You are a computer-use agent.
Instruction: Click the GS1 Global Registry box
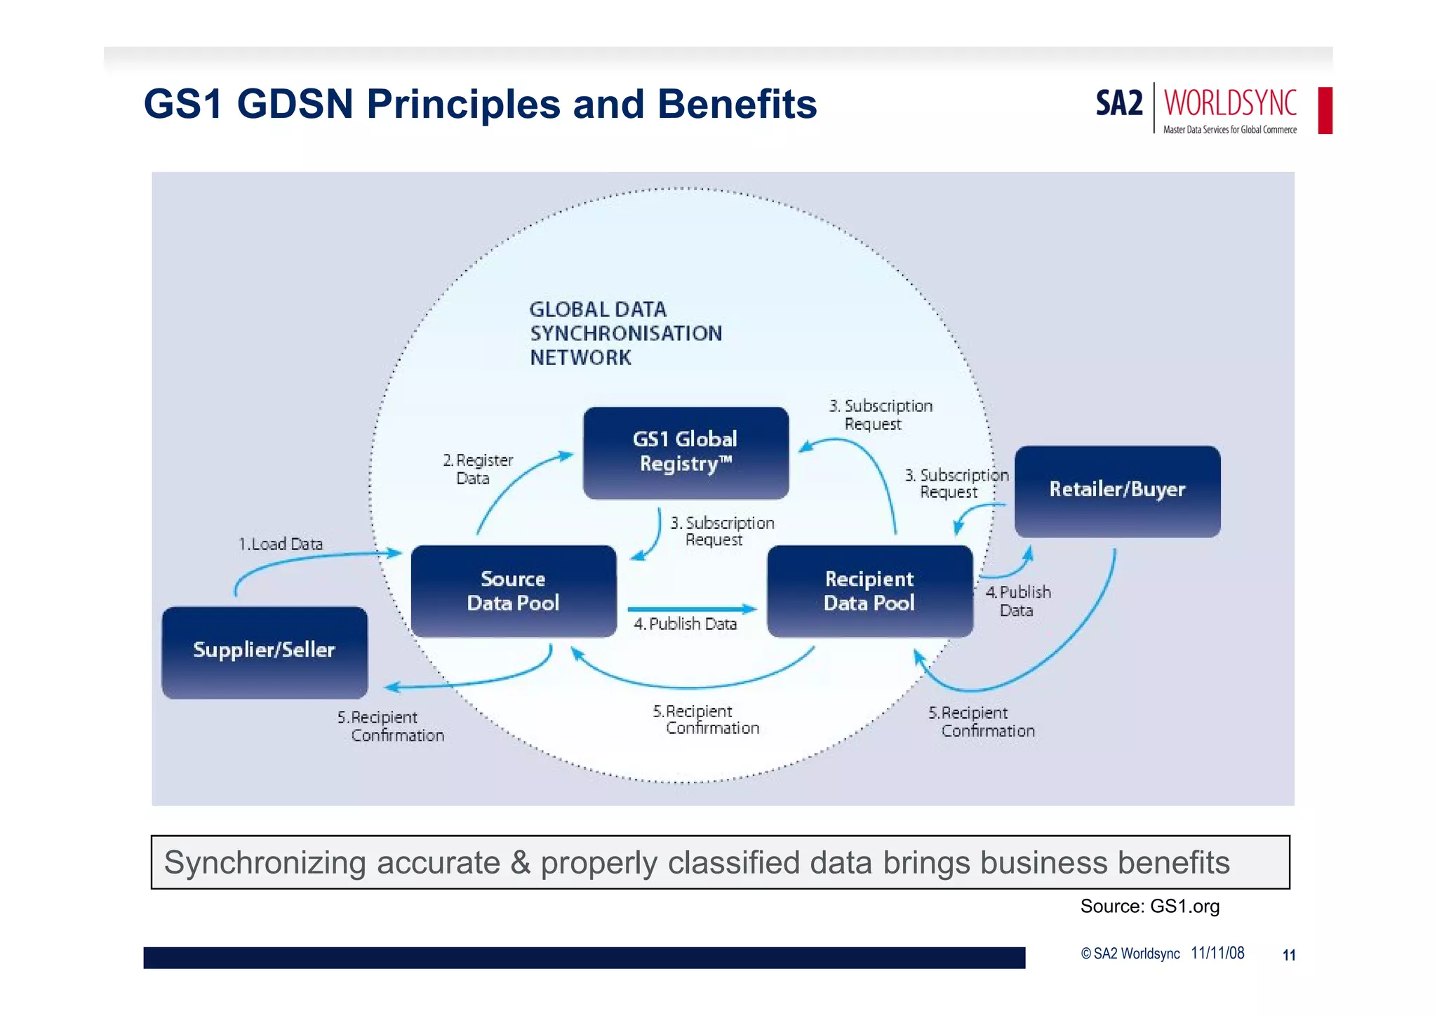click(686, 453)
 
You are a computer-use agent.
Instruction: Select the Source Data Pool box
click(514, 591)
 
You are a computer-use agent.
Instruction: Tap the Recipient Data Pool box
click(869, 591)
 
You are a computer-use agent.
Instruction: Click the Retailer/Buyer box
click(1117, 490)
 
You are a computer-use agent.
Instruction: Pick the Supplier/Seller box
click(265, 651)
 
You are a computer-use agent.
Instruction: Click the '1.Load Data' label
click(281, 544)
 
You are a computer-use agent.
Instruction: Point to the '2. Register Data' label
click(478, 469)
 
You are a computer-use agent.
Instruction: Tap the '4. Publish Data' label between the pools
click(686, 624)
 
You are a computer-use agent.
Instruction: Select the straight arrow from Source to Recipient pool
click(691, 608)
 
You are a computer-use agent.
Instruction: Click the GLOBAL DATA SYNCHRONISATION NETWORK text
click(625, 333)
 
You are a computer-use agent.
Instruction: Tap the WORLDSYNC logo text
click(1230, 103)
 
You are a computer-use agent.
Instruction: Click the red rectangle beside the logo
click(1325, 110)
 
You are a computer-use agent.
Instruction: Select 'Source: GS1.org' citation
click(1149, 906)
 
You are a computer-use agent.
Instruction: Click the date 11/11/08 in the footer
click(1217, 953)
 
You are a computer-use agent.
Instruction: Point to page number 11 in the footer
click(1288, 955)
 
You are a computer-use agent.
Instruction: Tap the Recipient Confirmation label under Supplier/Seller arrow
click(391, 726)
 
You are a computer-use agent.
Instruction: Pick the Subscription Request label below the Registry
click(721, 531)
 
